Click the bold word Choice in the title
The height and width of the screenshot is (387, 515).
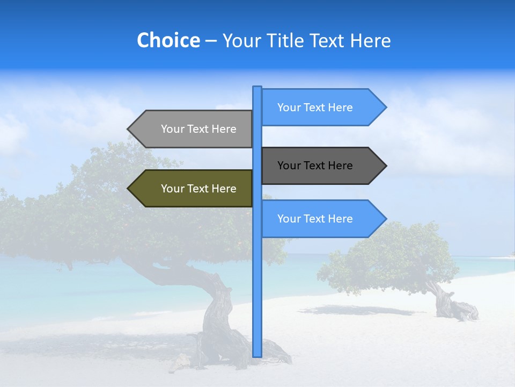point(168,40)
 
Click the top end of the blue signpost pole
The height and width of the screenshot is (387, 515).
point(257,88)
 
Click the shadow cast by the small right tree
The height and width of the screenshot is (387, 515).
point(354,311)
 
